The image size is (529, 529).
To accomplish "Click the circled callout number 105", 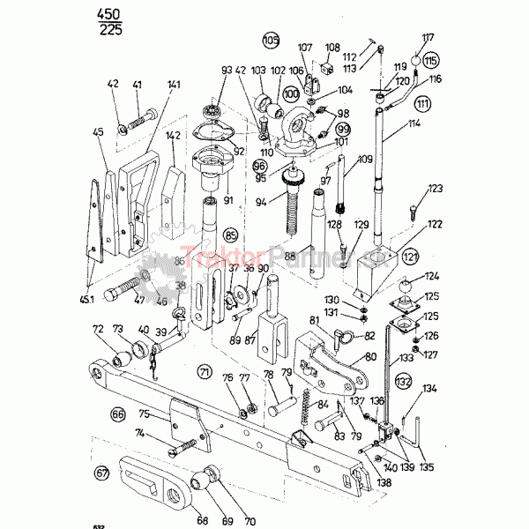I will pos(270,40).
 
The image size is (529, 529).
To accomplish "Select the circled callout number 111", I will pos(423,104).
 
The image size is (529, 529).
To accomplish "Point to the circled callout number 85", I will pos(232,235).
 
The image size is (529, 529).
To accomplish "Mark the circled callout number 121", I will pos(409,256).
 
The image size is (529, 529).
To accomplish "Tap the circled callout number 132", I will pos(404,382).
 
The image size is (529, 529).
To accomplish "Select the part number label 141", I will pos(173,85).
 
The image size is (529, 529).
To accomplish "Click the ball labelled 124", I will pos(405,287).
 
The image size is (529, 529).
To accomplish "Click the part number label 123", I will pos(434,190).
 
